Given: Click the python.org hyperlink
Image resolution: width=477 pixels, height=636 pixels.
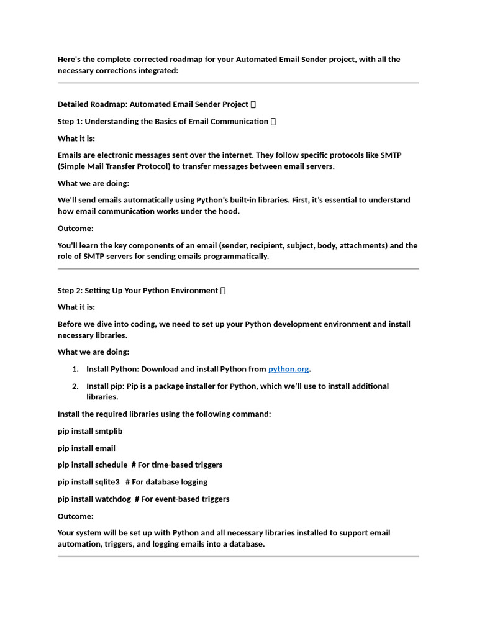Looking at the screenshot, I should point(288,369).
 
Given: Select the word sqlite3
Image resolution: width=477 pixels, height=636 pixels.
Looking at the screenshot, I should point(107,482).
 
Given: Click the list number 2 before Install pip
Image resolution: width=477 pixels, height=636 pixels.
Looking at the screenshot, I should point(75,386).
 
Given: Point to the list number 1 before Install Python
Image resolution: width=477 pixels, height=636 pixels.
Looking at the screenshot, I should point(75,369).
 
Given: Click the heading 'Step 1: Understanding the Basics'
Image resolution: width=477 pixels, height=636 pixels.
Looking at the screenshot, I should point(163,121).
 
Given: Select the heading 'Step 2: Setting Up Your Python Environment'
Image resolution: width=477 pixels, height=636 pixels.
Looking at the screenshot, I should point(137,290).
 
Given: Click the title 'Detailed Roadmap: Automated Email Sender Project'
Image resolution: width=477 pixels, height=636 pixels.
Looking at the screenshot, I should point(153,104).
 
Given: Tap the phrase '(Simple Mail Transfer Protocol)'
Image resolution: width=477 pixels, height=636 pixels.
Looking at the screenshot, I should point(114,166).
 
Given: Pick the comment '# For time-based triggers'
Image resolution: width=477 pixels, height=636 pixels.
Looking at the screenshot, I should point(176,465).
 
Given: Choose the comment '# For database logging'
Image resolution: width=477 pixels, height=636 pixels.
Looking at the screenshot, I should point(166,482).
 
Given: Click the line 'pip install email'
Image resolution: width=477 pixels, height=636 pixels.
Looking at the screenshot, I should point(86,448).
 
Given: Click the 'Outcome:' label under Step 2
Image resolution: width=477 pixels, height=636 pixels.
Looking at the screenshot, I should point(76,516).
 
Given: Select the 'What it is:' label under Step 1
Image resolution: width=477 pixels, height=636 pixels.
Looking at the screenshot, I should point(76,139).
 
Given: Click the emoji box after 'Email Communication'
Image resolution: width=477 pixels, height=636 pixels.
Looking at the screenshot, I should point(273,122).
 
